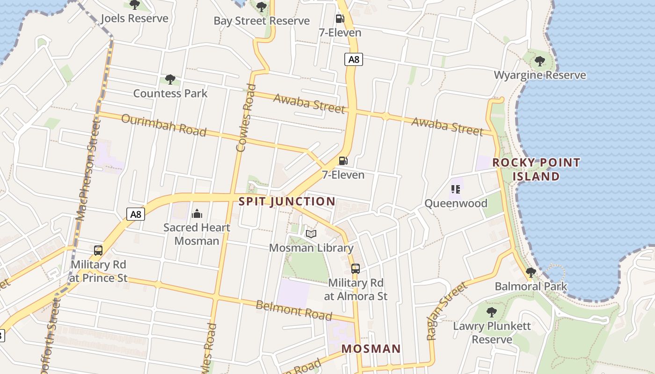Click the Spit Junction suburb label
[287, 201]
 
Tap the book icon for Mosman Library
[311, 234]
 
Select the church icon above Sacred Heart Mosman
[197, 214]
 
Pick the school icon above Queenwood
[456, 189]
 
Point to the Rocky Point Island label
[536, 169]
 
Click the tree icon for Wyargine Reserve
[539, 61]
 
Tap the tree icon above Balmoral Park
[531, 272]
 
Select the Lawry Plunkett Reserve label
[492, 332]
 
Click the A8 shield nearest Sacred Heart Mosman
[135, 215]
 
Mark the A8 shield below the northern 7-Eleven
[354, 59]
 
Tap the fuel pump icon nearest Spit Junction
[343, 161]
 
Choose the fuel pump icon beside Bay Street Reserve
[340, 19]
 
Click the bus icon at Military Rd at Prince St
[98, 251]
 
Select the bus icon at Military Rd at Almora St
[356, 269]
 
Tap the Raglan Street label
[447, 310]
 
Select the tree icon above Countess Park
[170, 79]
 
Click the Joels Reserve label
[134, 19]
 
